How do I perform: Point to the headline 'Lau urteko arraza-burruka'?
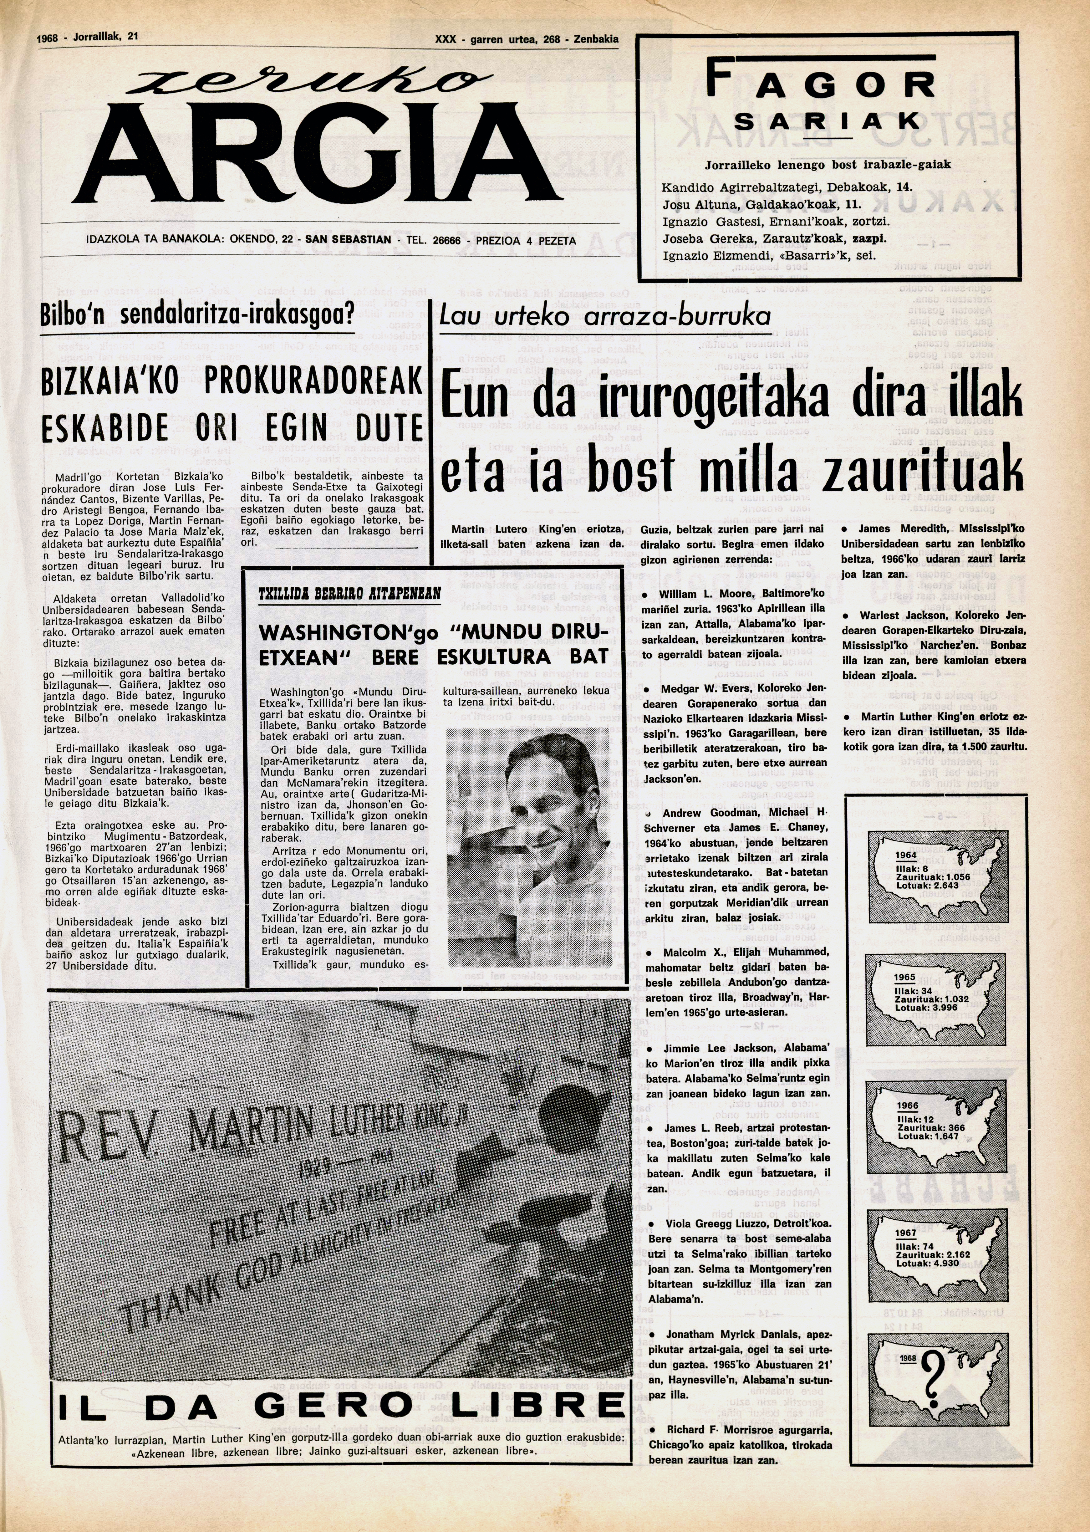pos(604,315)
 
